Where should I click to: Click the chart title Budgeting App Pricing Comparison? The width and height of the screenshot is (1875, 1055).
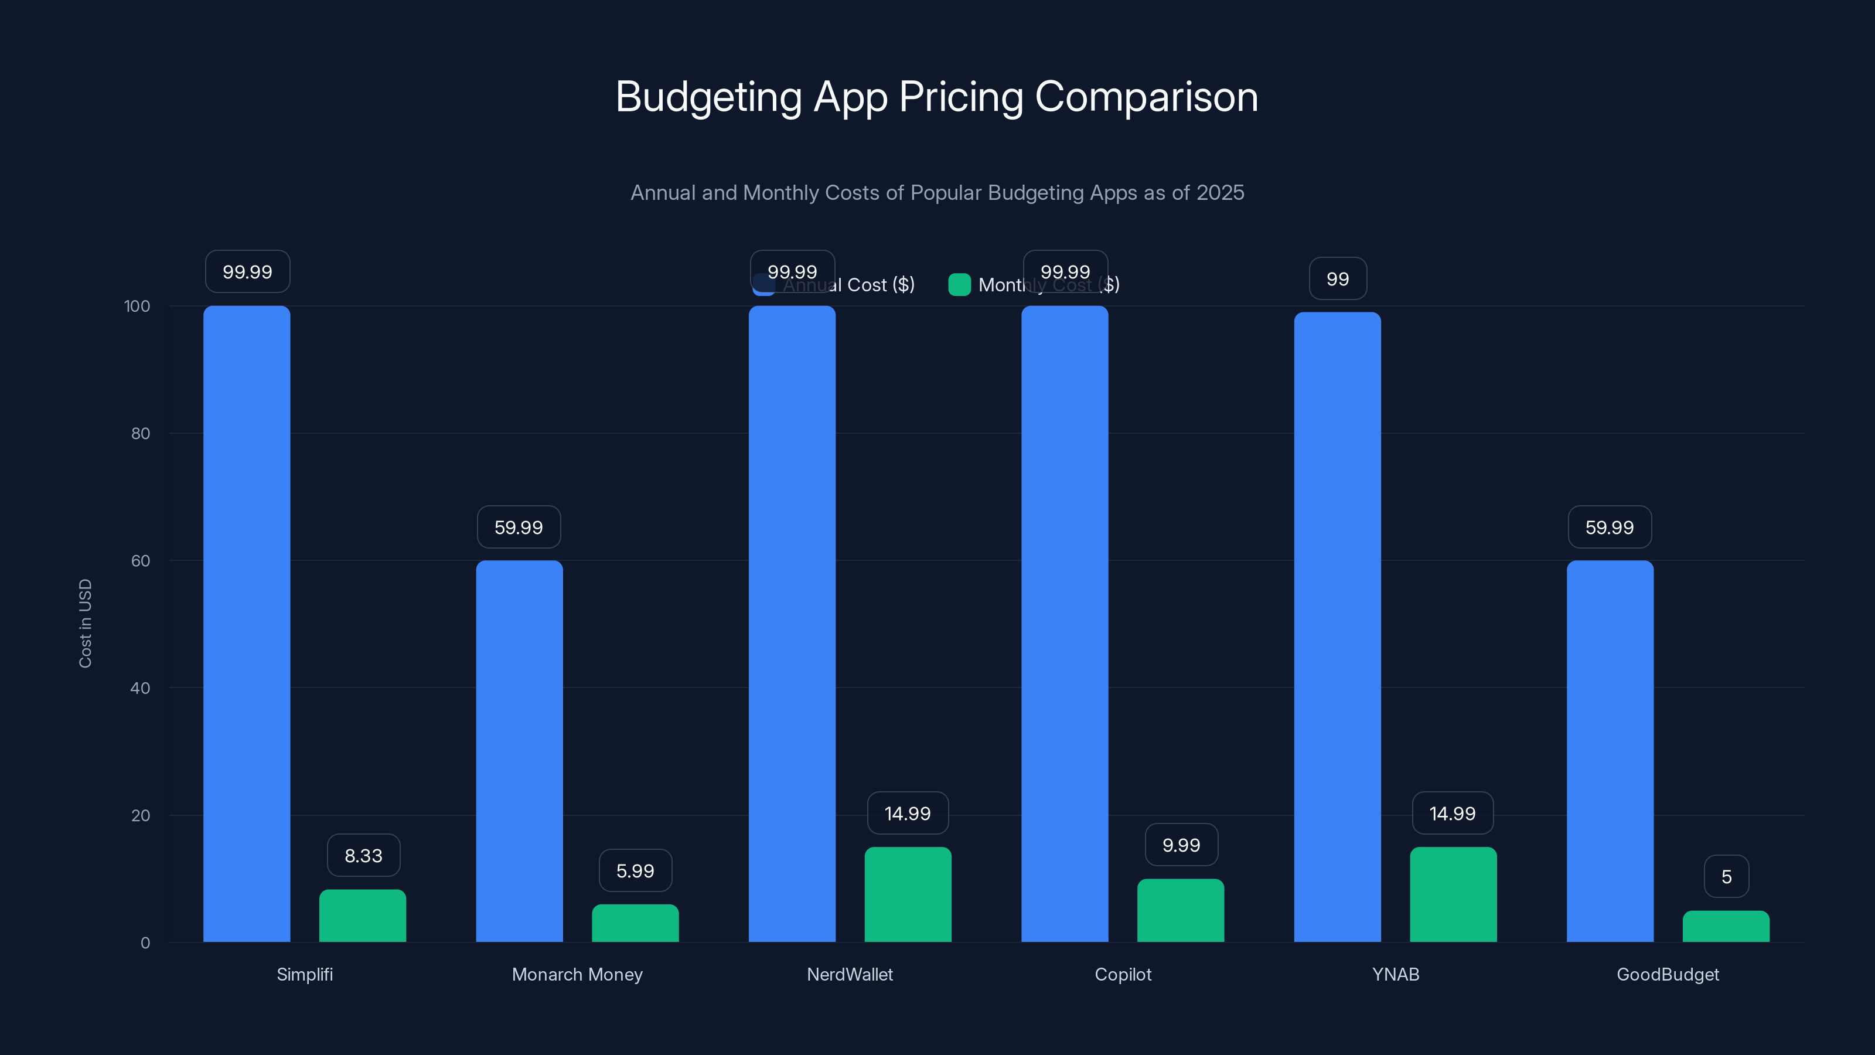tap(937, 97)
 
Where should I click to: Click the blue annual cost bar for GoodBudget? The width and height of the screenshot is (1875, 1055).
tap(1610, 751)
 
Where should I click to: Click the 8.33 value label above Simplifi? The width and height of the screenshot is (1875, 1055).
tap(363, 856)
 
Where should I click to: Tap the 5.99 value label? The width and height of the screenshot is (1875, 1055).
tap(635, 871)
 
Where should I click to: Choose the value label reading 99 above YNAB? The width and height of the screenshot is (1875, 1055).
tap(1337, 279)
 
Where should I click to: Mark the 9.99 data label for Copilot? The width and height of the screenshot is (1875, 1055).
tap(1181, 845)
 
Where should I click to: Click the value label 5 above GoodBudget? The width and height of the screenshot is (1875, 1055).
tap(1726, 877)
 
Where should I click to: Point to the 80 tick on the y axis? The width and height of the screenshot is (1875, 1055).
tap(141, 433)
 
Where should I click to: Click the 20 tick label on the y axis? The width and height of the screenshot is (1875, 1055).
tap(141, 815)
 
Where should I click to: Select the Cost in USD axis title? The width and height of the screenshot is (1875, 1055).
tap(85, 623)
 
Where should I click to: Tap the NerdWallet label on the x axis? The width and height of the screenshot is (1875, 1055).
tap(850, 974)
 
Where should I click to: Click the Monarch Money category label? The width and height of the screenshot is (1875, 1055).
tap(577, 974)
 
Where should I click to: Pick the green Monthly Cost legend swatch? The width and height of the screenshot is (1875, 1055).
tap(959, 285)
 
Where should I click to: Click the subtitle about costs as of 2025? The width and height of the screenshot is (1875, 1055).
tap(937, 193)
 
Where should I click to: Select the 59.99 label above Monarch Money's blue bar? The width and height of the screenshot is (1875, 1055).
tap(518, 527)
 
